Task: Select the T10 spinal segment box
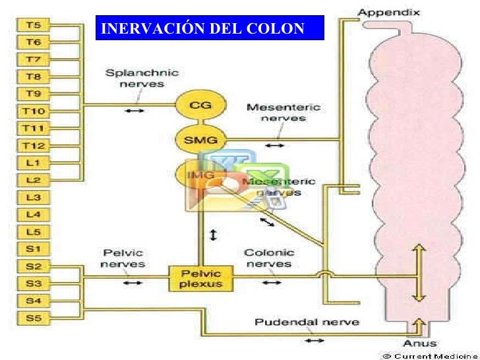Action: (32, 111)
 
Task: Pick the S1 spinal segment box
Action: (32, 249)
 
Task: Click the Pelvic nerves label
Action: (123, 258)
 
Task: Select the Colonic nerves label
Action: (269, 258)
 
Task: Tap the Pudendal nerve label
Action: (307, 322)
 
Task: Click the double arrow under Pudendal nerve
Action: (315, 340)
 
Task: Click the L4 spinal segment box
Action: (32, 214)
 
